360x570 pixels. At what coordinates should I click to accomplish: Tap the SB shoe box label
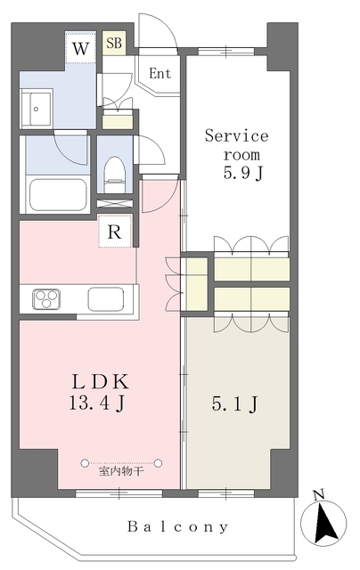[114, 43]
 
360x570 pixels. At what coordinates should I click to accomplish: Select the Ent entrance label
[160, 74]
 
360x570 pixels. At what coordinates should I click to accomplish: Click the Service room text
[236, 144]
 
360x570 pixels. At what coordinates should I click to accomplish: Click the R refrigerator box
[114, 232]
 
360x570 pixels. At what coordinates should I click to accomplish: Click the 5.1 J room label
[237, 405]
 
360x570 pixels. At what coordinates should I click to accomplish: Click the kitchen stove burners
[45, 299]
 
